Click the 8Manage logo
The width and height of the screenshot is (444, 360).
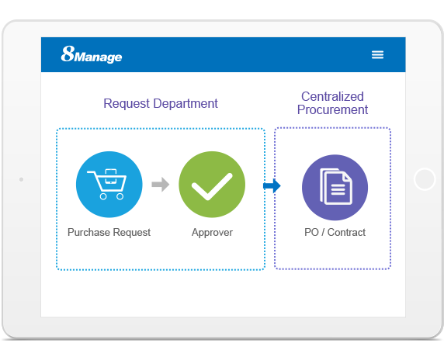[92, 54]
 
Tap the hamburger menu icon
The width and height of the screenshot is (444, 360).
[377, 54]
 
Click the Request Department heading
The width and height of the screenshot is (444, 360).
[161, 104]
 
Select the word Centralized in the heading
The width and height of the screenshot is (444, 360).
[332, 96]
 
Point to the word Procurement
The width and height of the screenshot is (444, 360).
[332, 110]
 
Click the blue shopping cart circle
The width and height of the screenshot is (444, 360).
[109, 185]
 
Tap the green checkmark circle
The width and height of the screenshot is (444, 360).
[212, 185]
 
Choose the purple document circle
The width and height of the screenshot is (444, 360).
[335, 187]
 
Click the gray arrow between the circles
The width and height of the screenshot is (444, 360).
[161, 185]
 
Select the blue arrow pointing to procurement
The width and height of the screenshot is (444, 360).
[272, 186]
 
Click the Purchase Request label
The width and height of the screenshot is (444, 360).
[109, 232]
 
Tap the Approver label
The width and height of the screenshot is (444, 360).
[212, 233]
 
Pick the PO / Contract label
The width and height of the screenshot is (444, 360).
[335, 232]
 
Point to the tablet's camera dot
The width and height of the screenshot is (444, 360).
[21, 179]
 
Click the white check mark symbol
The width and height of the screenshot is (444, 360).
[212, 186]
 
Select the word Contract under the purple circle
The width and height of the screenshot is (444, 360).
[346, 232]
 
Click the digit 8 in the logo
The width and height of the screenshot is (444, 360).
[68, 54]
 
